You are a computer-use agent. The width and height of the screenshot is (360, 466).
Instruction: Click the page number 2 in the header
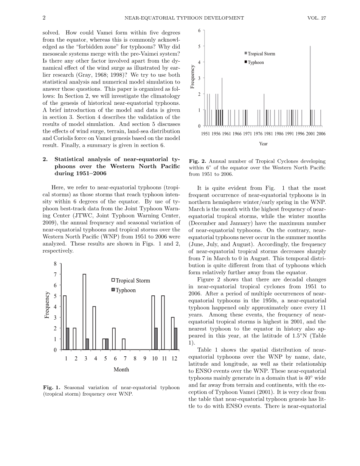[44, 18]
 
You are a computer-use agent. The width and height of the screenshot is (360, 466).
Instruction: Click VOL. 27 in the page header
[317, 18]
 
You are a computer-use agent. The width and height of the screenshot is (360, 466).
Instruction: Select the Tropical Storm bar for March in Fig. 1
[84, 312]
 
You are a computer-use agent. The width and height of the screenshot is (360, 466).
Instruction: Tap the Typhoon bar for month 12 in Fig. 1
[175, 339]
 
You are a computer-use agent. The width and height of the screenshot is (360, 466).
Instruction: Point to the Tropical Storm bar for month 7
[124, 344]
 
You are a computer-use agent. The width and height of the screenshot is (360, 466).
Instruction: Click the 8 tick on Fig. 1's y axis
[55, 264]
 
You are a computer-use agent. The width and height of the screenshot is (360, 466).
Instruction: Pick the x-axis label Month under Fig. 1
[121, 370]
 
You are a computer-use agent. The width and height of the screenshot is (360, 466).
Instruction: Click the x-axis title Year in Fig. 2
[263, 144]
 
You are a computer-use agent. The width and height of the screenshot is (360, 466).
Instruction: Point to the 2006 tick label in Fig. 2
[321, 134]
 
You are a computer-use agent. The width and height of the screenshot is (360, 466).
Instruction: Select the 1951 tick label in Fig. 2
[206, 134]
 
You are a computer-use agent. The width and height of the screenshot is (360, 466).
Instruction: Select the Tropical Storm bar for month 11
[163, 323]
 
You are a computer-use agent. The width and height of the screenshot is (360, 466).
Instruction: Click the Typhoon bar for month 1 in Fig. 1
[68, 339]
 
